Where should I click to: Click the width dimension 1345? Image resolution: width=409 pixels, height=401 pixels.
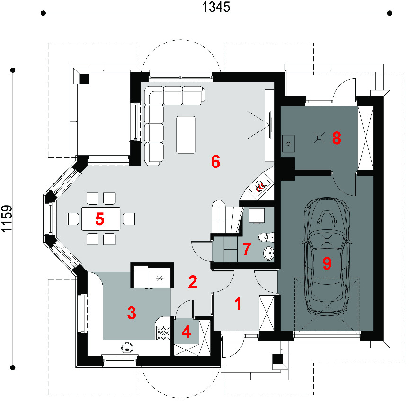point(216,7)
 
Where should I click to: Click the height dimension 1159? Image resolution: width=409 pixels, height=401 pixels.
point(7,218)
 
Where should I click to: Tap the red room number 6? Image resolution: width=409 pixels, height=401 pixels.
point(215,162)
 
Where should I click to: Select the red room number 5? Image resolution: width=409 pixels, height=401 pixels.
point(99,218)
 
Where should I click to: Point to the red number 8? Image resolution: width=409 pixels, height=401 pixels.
point(337,138)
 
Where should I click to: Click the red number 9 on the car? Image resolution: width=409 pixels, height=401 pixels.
point(327,263)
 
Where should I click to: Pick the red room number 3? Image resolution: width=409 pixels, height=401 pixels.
point(132,313)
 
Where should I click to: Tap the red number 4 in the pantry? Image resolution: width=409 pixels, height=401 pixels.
point(186,332)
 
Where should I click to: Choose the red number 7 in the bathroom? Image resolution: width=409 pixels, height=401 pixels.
point(247,248)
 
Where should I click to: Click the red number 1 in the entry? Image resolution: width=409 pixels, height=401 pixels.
point(238,304)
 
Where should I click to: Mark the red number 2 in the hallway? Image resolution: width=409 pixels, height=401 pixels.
point(193,282)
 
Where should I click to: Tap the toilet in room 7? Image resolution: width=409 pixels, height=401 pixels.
point(266,237)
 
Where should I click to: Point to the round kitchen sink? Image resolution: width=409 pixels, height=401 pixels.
point(127,348)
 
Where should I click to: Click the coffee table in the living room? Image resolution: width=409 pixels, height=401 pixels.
point(186,135)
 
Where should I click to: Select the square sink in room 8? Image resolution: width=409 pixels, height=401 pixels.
point(288,144)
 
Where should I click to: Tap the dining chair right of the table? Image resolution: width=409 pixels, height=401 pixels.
point(129,218)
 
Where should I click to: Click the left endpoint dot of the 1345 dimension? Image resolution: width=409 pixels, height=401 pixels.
point(43,13)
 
